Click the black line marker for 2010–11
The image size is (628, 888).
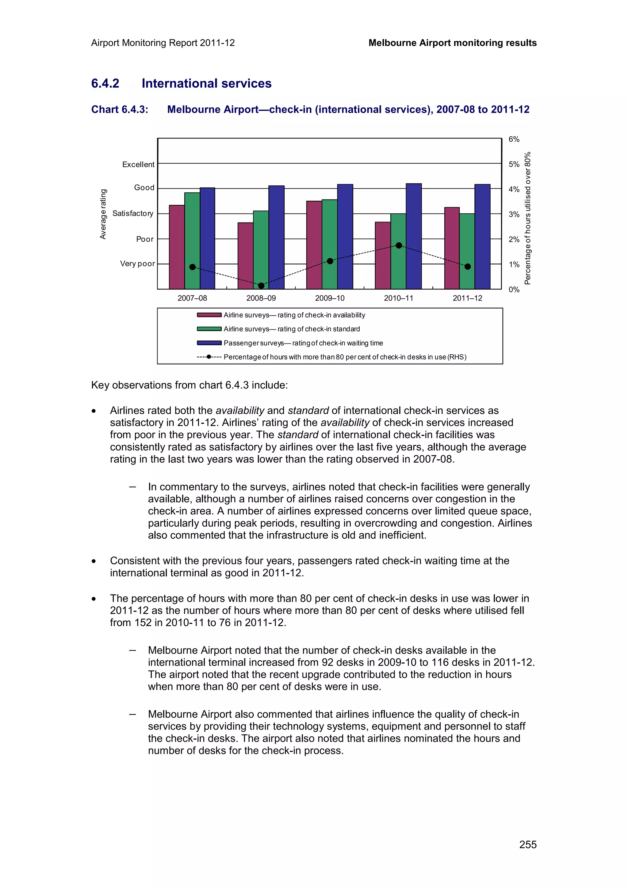click(399, 245)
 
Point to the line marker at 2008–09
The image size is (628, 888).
click(261, 286)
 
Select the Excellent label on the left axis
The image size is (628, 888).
click(138, 164)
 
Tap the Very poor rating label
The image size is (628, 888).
click(137, 264)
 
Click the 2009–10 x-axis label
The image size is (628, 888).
click(329, 298)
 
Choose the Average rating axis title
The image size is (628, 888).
click(103, 214)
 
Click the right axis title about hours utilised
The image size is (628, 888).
click(527, 218)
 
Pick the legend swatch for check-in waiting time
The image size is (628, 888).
click(209, 343)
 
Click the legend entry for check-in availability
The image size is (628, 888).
click(294, 315)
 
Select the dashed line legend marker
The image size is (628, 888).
click(209, 357)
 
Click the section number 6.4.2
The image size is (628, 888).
click(105, 84)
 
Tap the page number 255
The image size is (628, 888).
click(527, 845)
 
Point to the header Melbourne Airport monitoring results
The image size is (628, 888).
click(452, 43)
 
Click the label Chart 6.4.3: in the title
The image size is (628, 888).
click(120, 109)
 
